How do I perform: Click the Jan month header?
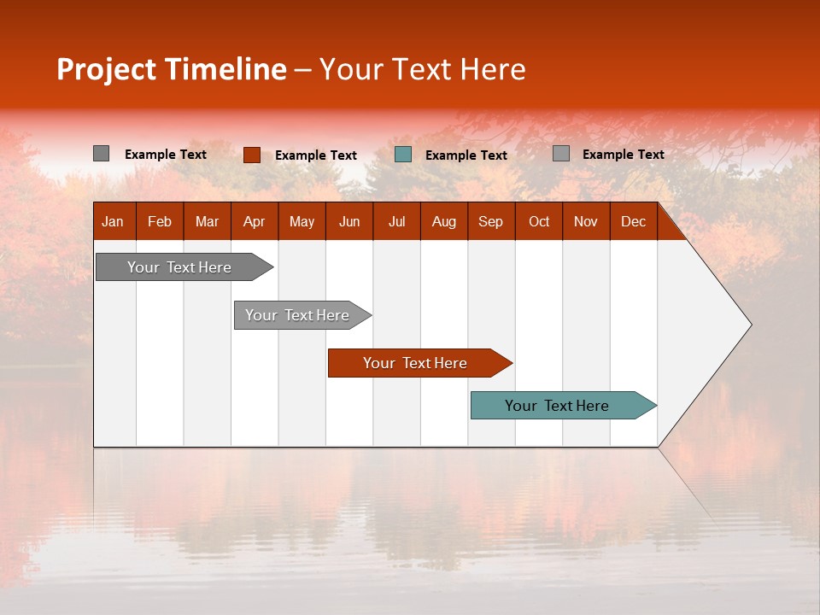113,221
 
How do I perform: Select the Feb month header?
160,221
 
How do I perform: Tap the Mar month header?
207,221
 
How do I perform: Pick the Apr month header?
254,221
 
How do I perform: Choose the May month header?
302,221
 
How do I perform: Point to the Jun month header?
349,221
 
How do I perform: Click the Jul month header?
396,221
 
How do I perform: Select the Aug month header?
443,221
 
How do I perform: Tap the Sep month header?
490,221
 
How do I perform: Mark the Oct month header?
539,221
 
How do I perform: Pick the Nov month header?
586,221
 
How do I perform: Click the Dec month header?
633,221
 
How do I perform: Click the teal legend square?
403,155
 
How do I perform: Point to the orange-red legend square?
251,155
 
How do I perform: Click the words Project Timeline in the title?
171,69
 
